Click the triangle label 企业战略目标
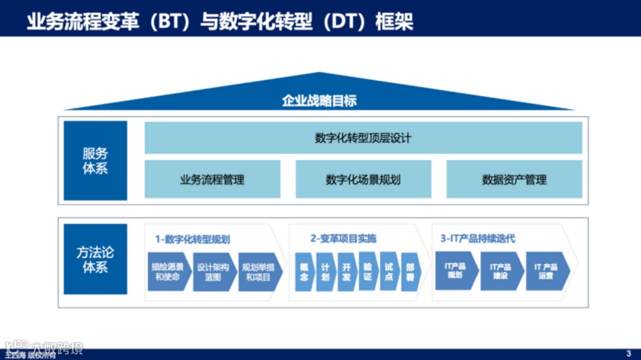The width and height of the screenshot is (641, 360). (x=319, y=100)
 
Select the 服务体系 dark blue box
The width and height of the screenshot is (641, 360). (x=95, y=161)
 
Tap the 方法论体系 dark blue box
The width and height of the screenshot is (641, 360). (x=95, y=259)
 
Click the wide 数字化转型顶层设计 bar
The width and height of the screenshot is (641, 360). (x=363, y=138)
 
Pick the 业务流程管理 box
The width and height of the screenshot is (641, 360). (x=212, y=179)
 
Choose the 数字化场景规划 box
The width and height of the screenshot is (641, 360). (x=363, y=179)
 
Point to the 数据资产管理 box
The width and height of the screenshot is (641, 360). (x=514, y=179)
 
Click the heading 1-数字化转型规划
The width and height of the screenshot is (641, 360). (x=193, y=239)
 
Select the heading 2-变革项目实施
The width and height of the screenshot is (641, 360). (x=343, y=238)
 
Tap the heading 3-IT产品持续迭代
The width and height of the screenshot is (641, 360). (x=478, y=238)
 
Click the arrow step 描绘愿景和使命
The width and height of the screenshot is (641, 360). (x=168, y=272)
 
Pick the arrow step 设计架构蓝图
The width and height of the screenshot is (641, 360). (x=213, y=272)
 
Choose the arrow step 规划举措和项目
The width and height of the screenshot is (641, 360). (x=258, y=272)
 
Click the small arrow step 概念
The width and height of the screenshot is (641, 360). (x=304, y=272)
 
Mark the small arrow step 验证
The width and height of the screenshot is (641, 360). (x=368, y=272)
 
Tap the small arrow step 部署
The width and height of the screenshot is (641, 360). (x=411, y=272)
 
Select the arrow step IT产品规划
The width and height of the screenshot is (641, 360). (x=455, y=270)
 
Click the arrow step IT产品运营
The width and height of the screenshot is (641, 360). (x=546, y=271)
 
